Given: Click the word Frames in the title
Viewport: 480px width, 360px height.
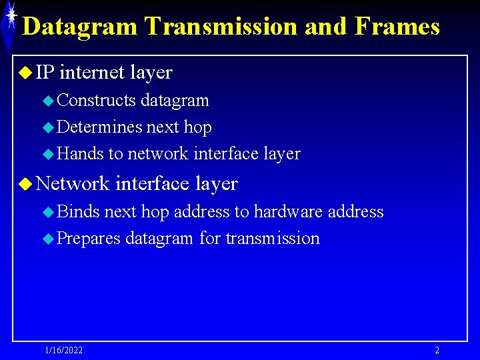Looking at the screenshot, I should click(398, 27).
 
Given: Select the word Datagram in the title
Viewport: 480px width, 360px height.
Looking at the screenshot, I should click(81, 27).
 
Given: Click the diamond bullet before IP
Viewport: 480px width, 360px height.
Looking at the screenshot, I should click(26, 73).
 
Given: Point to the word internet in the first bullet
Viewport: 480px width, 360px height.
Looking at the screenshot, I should click(93, 72).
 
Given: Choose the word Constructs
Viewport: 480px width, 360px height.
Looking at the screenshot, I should click(97, 101).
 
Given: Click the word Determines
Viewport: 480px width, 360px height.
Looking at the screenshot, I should click(100, 127).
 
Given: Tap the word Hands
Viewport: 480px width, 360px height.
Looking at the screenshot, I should click(81, 153).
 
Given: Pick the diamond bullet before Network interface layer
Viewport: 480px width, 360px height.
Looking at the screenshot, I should click(26, 183).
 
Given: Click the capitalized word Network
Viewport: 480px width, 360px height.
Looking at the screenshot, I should click(73, 183).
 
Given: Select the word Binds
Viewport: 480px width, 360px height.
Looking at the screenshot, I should click(79, 211).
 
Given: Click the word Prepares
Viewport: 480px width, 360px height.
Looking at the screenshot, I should click(89, 238).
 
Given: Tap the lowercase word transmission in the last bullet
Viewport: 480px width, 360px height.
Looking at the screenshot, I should click(273, 238).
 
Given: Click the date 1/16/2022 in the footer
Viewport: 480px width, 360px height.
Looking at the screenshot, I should click(64, 350).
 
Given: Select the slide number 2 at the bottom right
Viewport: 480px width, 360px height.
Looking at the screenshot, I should click(437, 350).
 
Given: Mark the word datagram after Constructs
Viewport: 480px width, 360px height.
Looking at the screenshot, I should click(175, 101).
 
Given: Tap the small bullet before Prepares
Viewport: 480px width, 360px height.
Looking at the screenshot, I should click(47, 239).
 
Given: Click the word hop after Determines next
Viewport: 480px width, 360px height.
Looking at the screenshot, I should click(198, 127).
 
